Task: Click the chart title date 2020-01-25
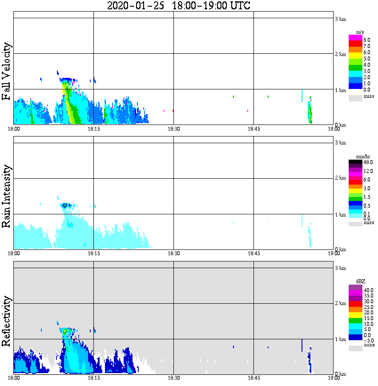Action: [136, 6]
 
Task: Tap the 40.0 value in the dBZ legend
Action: [368, 289]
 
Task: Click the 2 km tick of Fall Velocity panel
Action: [340, 54]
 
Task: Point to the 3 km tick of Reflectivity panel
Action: [340, 268]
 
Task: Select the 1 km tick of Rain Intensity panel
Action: [340, 215]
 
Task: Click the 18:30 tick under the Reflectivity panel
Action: [173, 378]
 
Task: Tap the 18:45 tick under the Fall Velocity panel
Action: [253, 129]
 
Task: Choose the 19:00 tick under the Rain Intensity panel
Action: [334, 254]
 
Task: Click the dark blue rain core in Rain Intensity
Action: [65, 205]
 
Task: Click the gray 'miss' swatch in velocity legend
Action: [355, 97]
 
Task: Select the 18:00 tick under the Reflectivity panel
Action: [14, 378]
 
